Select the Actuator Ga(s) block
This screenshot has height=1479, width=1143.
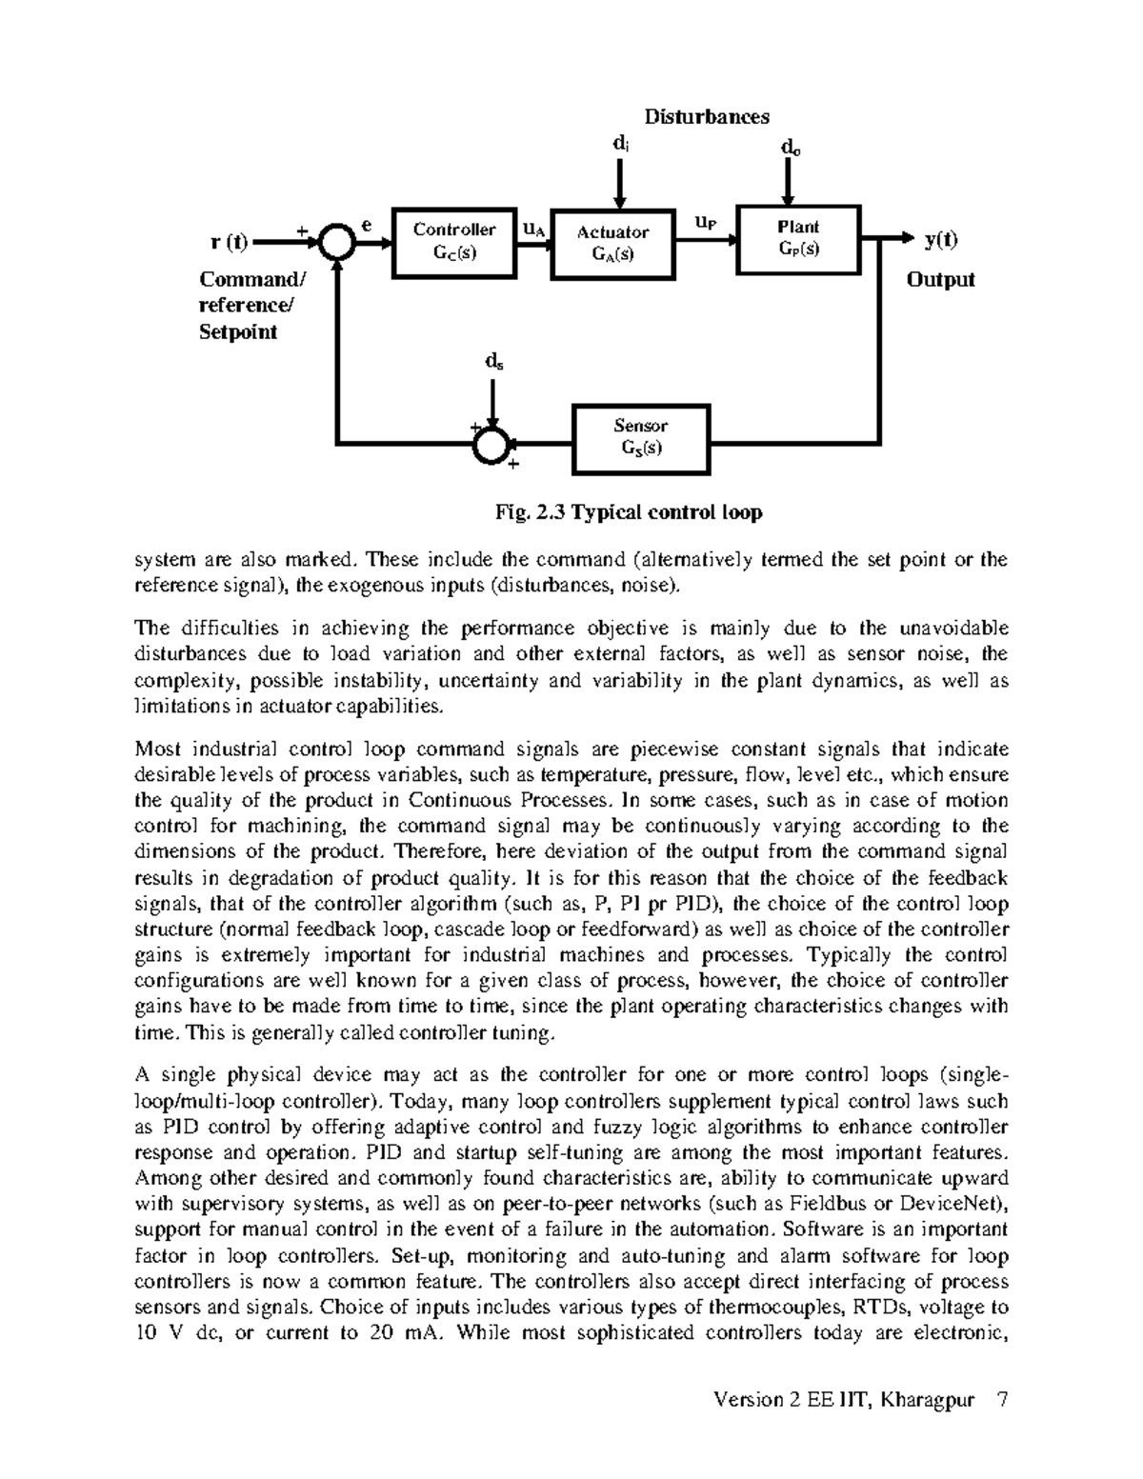(x=612, y=243)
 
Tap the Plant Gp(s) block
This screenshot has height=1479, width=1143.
(x=798, y=238)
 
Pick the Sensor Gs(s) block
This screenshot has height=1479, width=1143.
(x=640, y=437)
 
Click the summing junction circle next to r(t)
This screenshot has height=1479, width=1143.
(x=337, y=242)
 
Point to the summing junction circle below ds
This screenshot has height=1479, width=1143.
(x=491, y=444)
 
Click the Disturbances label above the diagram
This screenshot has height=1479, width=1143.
(x=707, y=117)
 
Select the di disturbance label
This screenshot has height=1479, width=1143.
(x=619, y=144)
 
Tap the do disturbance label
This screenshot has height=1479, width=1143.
(x=790, y=148)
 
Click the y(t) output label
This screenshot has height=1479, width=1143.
(x=941, y=241)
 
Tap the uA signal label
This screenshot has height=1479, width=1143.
(x=534, y=229)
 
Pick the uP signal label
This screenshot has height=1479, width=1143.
(x=706, y=222)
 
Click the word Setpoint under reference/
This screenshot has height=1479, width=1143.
(x=237, y=332)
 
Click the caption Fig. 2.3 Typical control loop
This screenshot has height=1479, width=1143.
(x=629, y=512)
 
